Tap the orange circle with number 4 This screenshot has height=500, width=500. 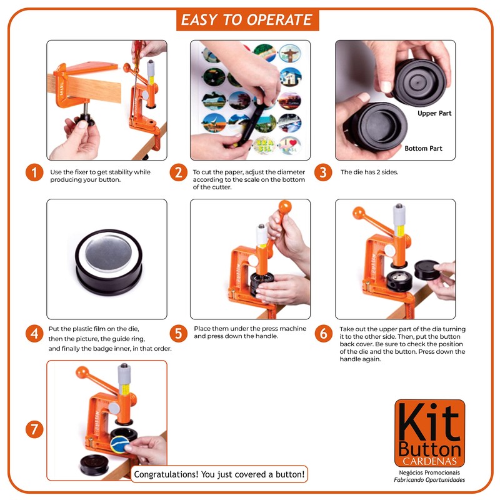pyautogui.click(x=34, y=333)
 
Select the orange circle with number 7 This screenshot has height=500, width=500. pyautogui.click(x=34, y=429)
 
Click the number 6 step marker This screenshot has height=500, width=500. pyautogui.click(x=323, y=333)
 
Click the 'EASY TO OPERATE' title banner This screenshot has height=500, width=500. pyautogui.click(x=247, y=20)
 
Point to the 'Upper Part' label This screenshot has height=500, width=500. pyautogui.click(x=434, y=114)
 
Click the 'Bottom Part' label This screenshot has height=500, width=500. pyautogui.click(x=423, y=149)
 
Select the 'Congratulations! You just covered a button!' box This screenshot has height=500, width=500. pyautogui.click(x=220, y=474)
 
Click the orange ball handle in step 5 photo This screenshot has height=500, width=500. pyautogui.click(x=286, y=207)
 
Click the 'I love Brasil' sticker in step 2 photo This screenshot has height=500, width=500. pyautogui.click(x=289, y=146)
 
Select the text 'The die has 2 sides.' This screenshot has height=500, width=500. pyautogui.click(x=369, y=172)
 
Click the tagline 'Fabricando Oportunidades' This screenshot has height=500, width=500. pyautogui.click(x=429, y=480)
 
